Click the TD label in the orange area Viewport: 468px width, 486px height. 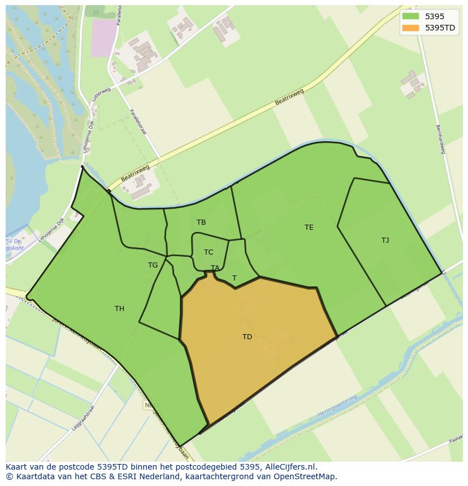click(247, 337)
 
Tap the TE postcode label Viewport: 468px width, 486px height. click(309, 227)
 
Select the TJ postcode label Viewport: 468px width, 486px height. click(385, 240)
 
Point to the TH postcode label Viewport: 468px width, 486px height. click(119, 309)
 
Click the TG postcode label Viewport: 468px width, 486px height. click(153, 265)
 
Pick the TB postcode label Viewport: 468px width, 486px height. click(201, 222)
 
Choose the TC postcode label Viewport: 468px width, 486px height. click(209, 252)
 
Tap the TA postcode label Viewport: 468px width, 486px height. click(215, 268)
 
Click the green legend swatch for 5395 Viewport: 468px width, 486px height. click(410, 16)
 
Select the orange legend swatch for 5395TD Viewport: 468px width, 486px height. click(410, 28)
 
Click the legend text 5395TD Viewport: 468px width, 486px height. click(440, 28)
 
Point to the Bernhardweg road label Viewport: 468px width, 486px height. click(441, 139)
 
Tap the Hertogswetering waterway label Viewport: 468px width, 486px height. click(337, 406)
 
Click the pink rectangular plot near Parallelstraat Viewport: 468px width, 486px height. click(102, 38)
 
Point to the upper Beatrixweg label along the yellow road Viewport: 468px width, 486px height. click(289, 97)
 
